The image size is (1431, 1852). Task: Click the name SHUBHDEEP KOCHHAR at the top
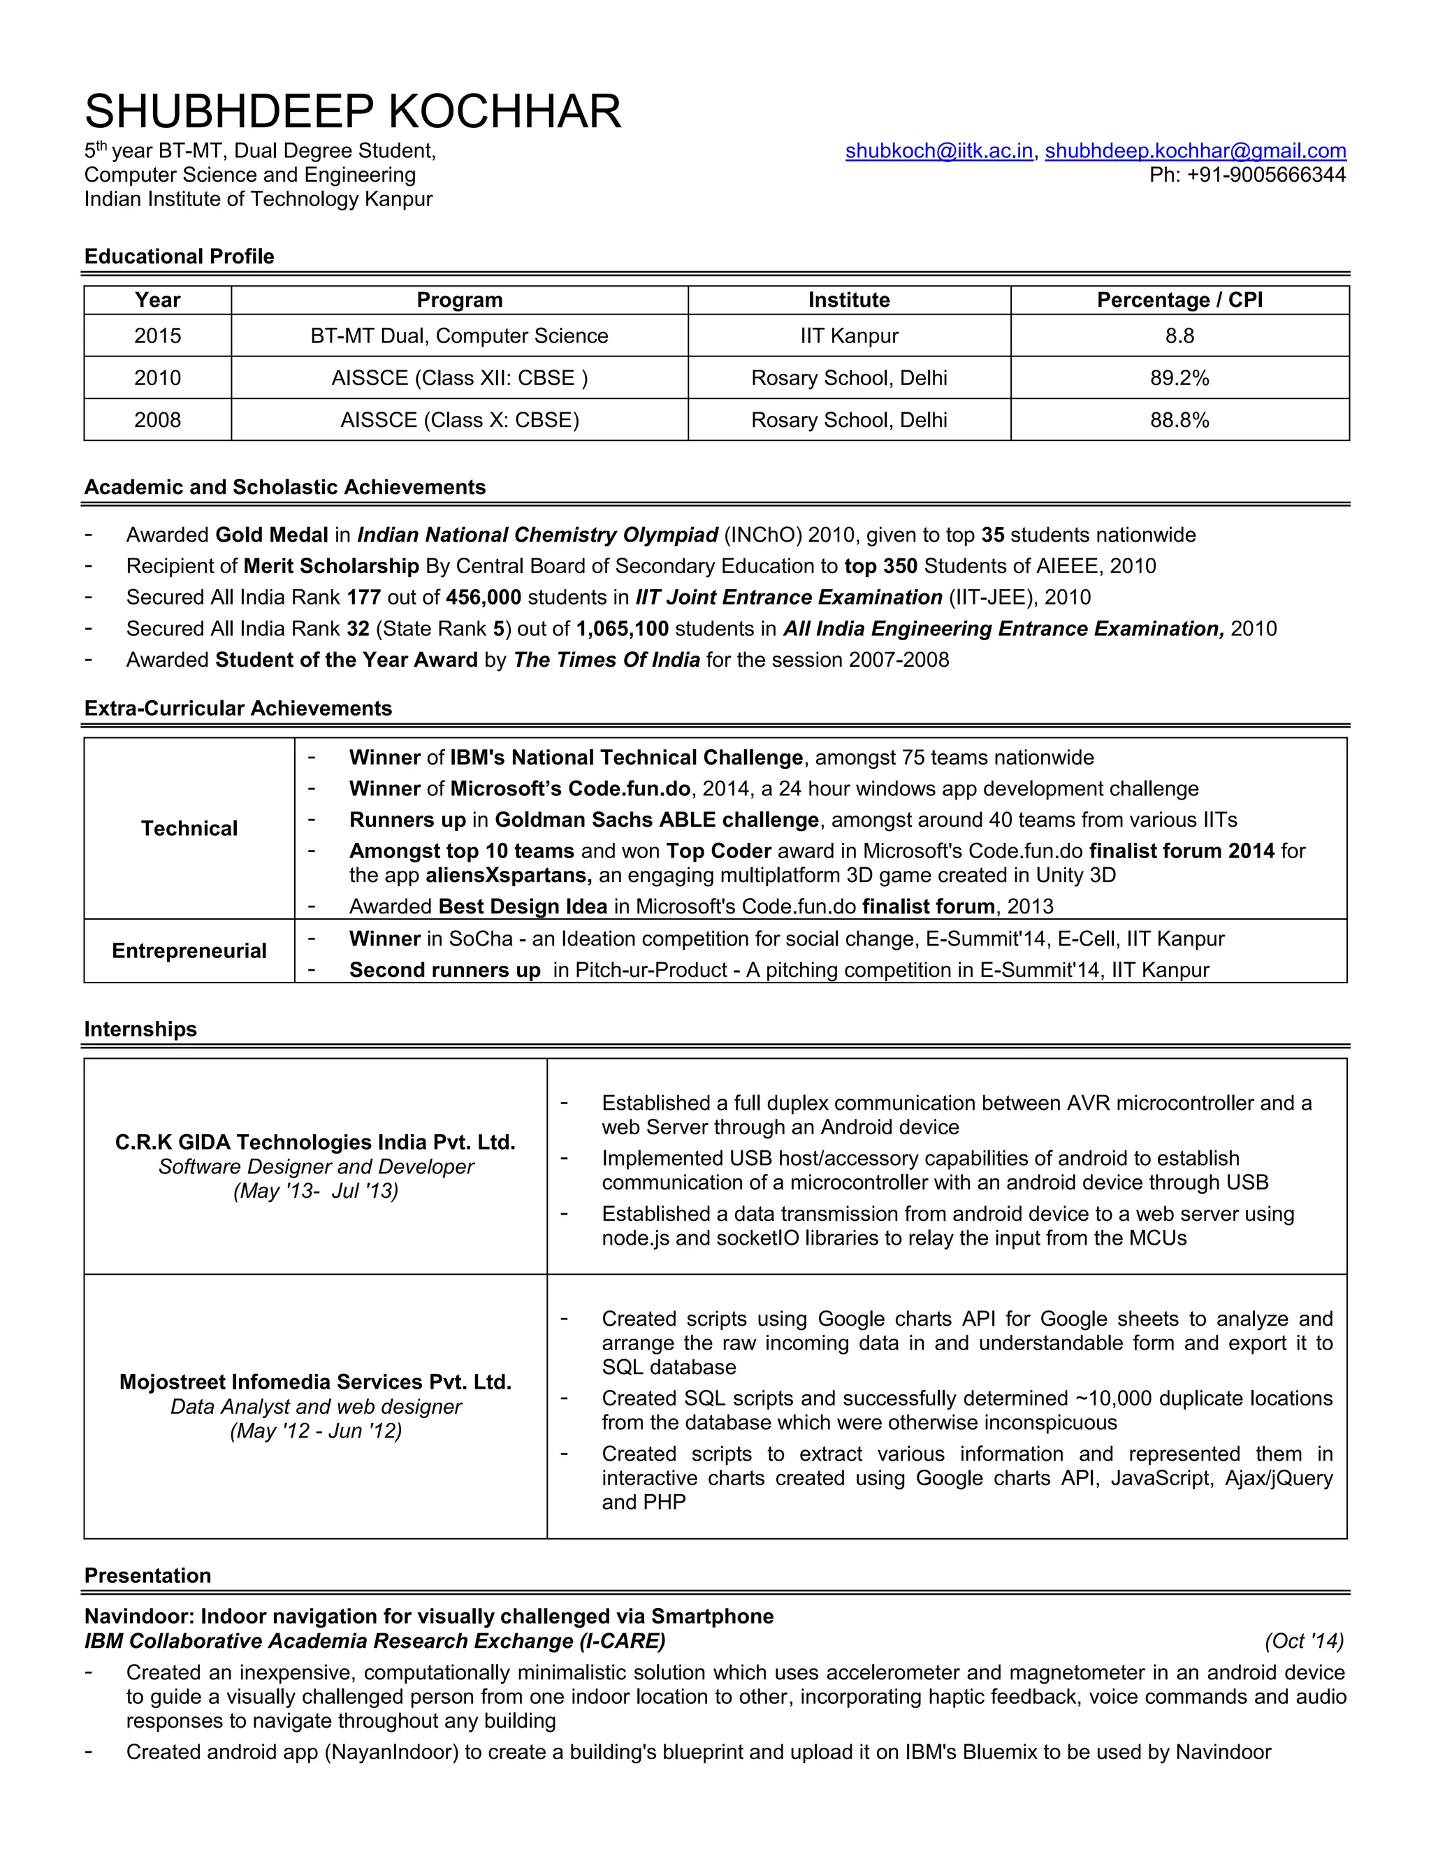point(353,112)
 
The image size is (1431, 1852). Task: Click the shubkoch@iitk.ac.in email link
point(938,151)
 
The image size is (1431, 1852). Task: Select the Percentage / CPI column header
point(1179,301)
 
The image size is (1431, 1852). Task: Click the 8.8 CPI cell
point(1179,335)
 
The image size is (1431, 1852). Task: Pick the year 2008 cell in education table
point(158,420)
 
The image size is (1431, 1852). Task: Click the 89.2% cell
point(1179,378)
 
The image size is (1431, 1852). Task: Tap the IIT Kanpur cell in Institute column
point(848,335)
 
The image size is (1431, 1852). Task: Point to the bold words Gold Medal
point(271,535)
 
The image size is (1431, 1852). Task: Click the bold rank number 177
point(363,598)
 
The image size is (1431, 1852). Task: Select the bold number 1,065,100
point(623,629)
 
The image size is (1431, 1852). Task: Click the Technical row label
point(189,828)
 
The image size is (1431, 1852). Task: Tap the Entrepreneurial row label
point(189,950)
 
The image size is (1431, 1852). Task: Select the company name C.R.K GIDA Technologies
point(315,1142)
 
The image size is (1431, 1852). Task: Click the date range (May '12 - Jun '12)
point(315,1431)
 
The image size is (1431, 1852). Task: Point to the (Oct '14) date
point(1304,1641)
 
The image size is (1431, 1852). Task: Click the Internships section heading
point(140,1029)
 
